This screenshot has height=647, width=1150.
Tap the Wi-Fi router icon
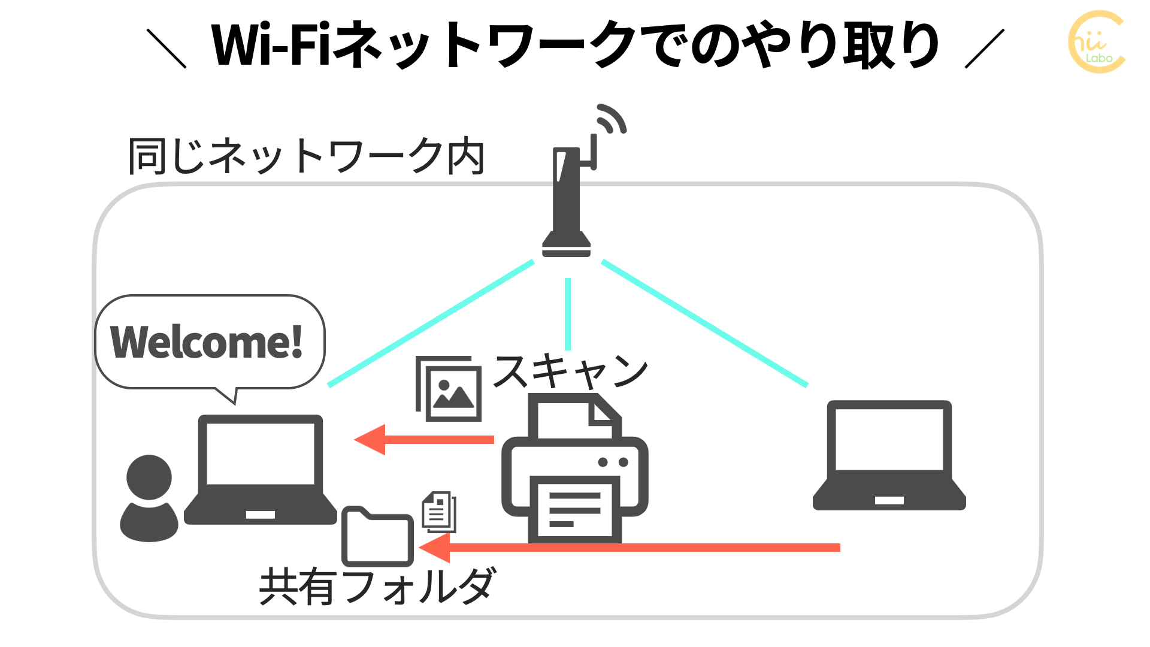[x=567, y=204]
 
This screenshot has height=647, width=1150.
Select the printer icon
[x=575, y=470]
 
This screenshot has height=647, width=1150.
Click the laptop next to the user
[x=261, y=470]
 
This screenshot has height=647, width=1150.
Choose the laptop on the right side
[x=889, y=456]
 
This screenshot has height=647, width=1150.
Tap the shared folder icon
[x=377, y=537]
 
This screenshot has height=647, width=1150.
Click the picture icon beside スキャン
[x=449, y=389]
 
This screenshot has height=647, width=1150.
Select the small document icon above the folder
[x=439, y=512]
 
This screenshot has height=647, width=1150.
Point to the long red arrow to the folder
[x=629, y=548]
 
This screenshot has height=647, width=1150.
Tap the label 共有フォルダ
[x=377, y=586]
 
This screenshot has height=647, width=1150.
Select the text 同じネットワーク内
[x=306, y=156]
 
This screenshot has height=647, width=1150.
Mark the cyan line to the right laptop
[x=704, y=323]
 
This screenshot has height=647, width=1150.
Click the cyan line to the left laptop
[x=431, y=323]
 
